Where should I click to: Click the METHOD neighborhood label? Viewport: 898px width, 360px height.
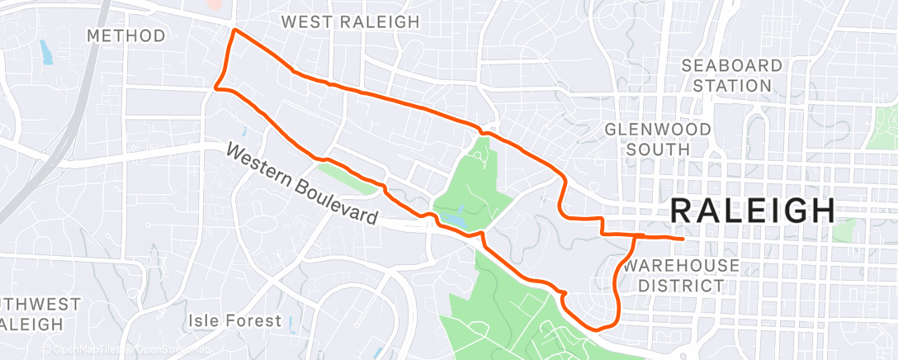pos(125,36)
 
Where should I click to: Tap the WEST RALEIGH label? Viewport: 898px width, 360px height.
pos(350,21)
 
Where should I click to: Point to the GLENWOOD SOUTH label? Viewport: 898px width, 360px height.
pos(658,139)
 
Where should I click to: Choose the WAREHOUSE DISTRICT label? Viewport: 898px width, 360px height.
pos(681,275)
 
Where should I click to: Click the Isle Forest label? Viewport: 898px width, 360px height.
pos(234,320)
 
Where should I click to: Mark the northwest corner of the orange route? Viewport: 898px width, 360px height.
pos(235,31)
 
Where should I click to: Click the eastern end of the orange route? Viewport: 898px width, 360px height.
pos(683,239)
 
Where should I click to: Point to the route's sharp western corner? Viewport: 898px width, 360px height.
pos(216,85)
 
